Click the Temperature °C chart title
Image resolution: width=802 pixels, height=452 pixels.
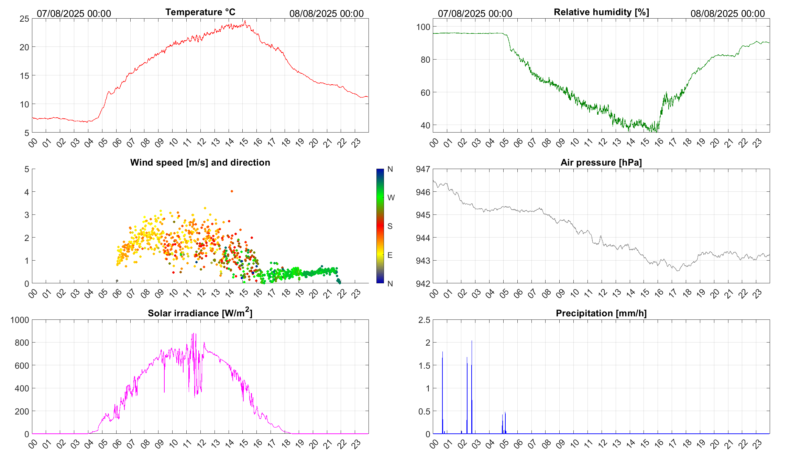pyautogui.click(x=200, y=12)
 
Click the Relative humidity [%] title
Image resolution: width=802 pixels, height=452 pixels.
pyautogui.click(x=601, y=12)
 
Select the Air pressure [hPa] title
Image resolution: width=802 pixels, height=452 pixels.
pyautogui.click(x=601, y=162)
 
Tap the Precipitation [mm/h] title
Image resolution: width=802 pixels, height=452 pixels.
pyautogui.click(x=601, y=313)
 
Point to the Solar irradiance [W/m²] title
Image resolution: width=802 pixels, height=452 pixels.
pyautogui.click(x=200, y=313)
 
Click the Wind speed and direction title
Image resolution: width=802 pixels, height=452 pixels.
pyautogui.click(x=200, y=162)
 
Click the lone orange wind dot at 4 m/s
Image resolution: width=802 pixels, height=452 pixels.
pyautogui.click(x=232, y=191)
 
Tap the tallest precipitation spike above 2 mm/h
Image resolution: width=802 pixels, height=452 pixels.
pyautogui.click(x=472, y=341)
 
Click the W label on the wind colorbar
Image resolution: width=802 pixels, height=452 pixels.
pyautogui.click(x=391, y=198)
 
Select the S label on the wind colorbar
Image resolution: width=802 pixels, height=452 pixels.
pyautogui.click(x=390, y=226)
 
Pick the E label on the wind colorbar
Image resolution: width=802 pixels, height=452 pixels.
pyautogui.click(x=390, y=255)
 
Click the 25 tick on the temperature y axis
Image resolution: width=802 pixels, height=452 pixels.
pyautogui.click(x=24, y=19)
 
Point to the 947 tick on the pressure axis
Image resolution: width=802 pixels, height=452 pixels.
pyautogui.click(x=423, y=169)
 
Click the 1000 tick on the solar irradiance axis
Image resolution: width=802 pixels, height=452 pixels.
pyautogui.click(x=20, y=320)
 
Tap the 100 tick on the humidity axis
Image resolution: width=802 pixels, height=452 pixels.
pyautogui.click(x=423, y=27)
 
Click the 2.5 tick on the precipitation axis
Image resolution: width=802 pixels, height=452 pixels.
pyautogui.click(x=424, y=320)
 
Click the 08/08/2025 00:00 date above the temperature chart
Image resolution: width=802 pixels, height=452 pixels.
pyautogui.click(x=326, y=13)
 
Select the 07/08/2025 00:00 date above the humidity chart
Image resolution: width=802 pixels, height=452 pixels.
pyautogui.click(x=475, y=13)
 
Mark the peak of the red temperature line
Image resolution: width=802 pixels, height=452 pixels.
pyautogui.click(x=245, y=21)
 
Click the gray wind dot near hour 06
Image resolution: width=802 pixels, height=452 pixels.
pyautogui.click(x=117, y=281)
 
